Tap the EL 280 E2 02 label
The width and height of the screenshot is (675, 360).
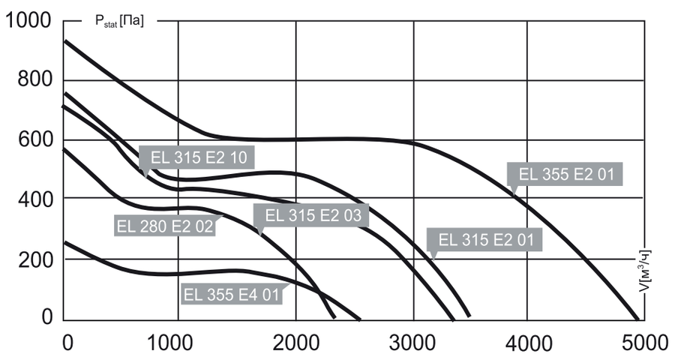point(165,224)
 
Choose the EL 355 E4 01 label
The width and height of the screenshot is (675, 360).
point(231,294)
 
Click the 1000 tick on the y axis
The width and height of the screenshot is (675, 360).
point(28,21)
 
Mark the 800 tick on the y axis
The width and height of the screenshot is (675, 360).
point(34,80)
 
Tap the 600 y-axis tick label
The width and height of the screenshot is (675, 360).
point(34,139)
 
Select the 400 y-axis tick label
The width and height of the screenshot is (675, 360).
point(34,199)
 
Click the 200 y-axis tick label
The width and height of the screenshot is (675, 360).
point(34,259)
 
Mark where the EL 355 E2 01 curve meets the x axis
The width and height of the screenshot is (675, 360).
point(637,318)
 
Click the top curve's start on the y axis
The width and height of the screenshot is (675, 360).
point(64,40)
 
